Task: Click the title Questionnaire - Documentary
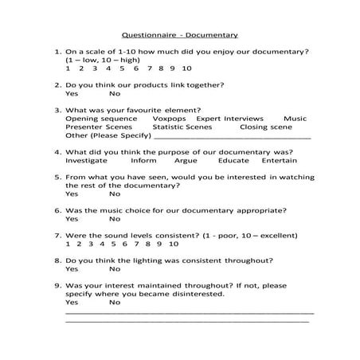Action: click(x=179, y=35)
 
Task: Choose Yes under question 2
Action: click(x=72, y=93)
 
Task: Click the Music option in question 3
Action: click(x=295, y=118)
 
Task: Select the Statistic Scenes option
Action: click(x=182, y=127)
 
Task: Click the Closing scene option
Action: click(x=265, y=127)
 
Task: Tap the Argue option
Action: click(x=185, y=160)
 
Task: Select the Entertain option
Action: click(x=279, y=160)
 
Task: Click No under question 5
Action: click(x=115, y=194)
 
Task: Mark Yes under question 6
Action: click(x=72, y=218)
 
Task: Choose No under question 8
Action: click(x=115, y=268)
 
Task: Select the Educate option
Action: click(x=233, y=160)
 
